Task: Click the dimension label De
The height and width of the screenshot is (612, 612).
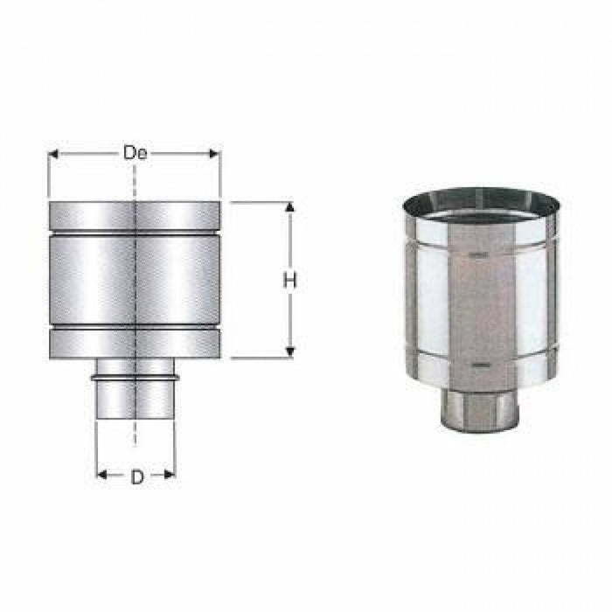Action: tap(134, 154)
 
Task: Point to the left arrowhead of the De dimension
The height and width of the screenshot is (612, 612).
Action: tap(52, 154)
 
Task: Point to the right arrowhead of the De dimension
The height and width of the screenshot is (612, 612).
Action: tap(215, 154)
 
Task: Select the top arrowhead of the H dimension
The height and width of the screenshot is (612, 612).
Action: tap(289, 208)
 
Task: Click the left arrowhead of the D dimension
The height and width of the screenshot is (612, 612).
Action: tap(101, 476)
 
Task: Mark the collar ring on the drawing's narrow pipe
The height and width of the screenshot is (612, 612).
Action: tap(135, 378)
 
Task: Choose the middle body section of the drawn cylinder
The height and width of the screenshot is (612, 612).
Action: tap(135, 281)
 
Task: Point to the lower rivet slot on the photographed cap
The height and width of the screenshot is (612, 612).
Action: tap(477, 361)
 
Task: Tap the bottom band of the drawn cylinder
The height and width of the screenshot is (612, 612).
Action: tap(135, 344)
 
